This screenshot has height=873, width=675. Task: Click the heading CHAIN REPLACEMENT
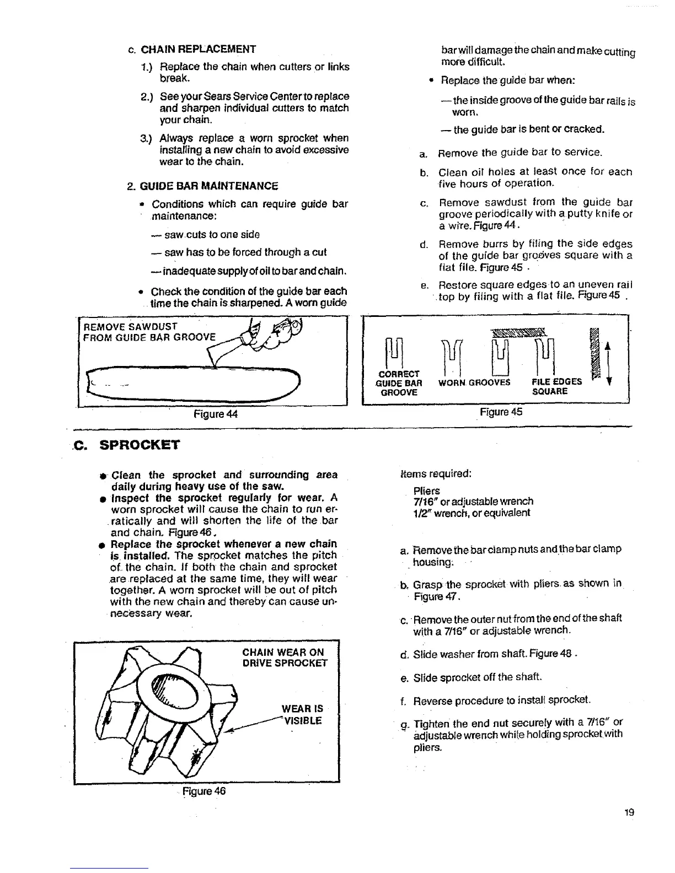click(199, 49)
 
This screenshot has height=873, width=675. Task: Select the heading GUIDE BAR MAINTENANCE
click(205, 186)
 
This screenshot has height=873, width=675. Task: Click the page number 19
click(630, 812)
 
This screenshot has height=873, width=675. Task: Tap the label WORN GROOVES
click(474, 381)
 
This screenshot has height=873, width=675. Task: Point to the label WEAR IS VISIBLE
click(302, 714)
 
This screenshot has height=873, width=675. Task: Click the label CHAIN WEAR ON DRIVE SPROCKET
click(285, 658)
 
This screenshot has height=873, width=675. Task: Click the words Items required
click(436, 473)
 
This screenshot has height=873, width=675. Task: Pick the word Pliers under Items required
click(427, 491)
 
